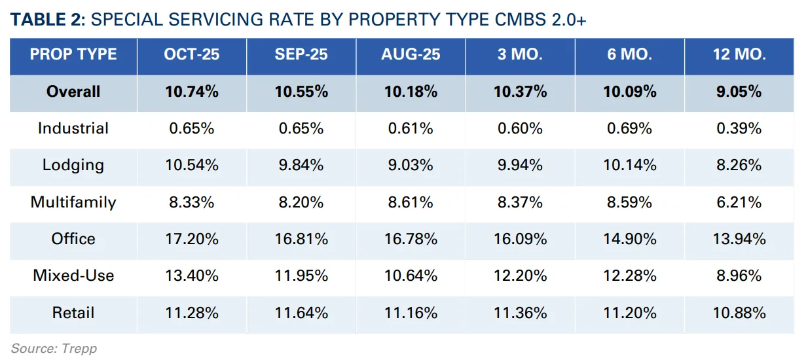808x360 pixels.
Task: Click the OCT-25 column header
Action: pos(191,54)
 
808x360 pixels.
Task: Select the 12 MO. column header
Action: pos(739,54)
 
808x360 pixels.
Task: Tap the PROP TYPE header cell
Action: pos(73,54)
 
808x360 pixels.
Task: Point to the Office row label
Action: pos(73,239)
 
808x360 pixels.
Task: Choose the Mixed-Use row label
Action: pos(73,276)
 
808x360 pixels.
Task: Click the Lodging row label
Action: pos(73,165)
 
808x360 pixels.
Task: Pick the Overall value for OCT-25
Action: pos(191,92)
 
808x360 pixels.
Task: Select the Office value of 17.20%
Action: pos(191,239)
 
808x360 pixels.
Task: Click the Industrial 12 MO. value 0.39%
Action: pos(739,128)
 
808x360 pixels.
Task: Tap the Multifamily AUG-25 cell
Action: pos(411,202)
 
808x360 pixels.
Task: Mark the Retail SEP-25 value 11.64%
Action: pos(301,313)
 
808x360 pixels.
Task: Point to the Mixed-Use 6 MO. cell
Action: pos(629,276)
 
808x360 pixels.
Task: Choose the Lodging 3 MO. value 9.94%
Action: pos(520,165)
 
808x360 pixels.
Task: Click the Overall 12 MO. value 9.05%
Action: pos(739,92)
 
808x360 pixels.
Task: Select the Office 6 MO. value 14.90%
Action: pos(629,239)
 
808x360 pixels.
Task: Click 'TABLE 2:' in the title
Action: pos(48,20)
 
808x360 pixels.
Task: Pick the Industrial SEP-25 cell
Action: pos(301,128)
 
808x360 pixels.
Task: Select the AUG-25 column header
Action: pos(411,54)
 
